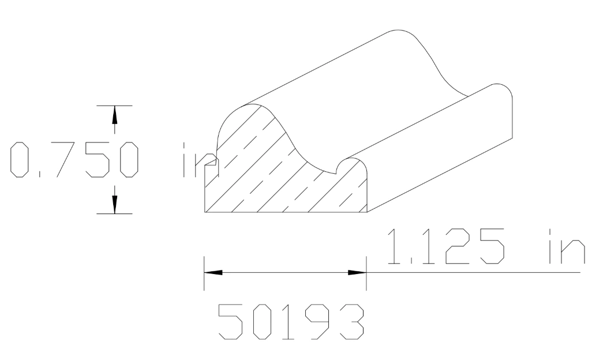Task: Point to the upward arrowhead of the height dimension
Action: click(114, 115)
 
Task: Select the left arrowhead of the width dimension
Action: click(213, 272)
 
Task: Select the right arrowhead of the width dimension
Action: click(357, 272)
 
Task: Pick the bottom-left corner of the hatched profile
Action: click(206, 212)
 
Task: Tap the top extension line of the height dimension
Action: click(114, 106)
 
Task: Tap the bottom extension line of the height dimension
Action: click(114, 213)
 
